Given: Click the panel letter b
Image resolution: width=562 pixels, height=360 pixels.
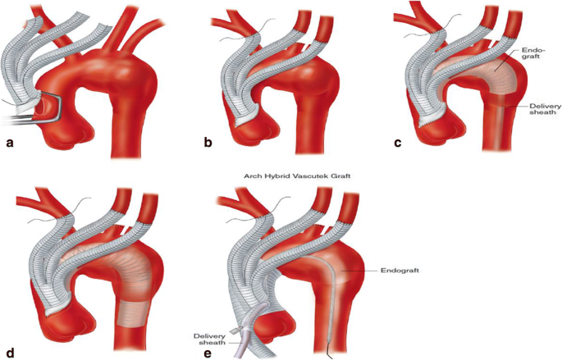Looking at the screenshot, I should point(208,144).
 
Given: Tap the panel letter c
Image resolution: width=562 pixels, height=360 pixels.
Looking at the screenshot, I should point(398,144).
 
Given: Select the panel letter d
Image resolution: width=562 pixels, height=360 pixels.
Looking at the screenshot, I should point(11,353).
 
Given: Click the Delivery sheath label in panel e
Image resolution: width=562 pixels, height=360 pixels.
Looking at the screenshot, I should point(210,339).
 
